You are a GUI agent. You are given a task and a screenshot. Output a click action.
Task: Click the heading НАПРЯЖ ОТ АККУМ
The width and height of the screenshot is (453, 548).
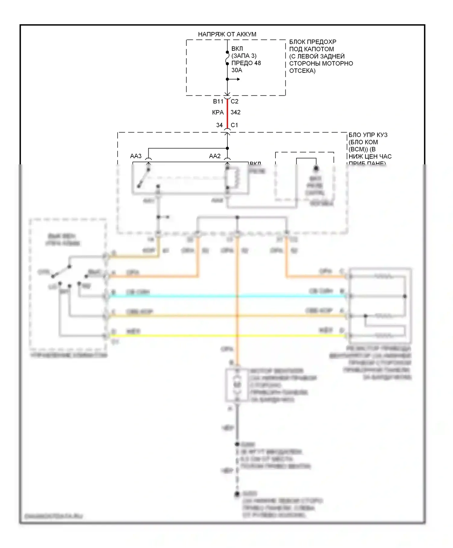tap(227, 34)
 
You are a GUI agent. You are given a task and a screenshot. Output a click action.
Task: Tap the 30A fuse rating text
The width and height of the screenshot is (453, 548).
tap(237, 70)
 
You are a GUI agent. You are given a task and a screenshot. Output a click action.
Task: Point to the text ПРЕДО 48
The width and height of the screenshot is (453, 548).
tap(246, 63)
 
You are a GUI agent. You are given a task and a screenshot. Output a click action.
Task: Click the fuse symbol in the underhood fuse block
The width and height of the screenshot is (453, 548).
tap(227, 58)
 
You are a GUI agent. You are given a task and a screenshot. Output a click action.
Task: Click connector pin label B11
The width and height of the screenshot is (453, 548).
tap(218, 102)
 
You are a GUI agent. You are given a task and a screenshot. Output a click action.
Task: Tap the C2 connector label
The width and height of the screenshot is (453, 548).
tap(235, 102)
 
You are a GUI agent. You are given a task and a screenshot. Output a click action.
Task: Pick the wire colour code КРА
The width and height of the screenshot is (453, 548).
tap(218, 113)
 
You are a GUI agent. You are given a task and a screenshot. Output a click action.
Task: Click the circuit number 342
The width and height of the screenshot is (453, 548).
tap(236, 113)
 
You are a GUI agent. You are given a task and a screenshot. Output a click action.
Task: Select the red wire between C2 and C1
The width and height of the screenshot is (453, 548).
tap(227, 116)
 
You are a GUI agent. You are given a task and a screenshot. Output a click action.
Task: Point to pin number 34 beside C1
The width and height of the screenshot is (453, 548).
tap(220, 125)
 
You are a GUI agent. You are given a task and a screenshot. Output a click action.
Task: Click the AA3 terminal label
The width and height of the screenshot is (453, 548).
tap(136, 156)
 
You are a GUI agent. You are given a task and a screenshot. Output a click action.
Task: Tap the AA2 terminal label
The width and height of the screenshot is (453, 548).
tap(215, 156)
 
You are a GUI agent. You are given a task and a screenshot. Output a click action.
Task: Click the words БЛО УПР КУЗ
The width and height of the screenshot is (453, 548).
tap(368, 135)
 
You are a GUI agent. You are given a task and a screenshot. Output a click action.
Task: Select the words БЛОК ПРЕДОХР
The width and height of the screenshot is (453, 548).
tap(313, 42)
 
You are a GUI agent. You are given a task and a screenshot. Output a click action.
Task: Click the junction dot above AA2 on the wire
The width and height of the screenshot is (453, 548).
tap(227, 148)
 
